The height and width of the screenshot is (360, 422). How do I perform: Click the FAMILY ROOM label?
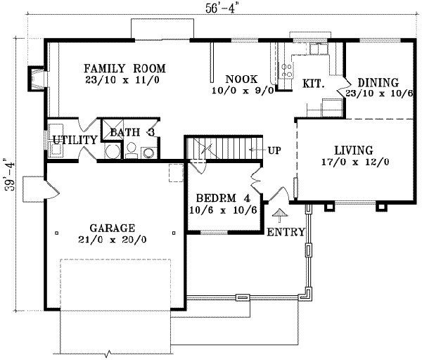coord(124,69)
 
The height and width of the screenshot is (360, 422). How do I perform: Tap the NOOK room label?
coord(241,79)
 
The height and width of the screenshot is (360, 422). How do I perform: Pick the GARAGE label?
coord(112,228)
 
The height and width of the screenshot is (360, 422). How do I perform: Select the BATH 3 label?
coord(132,131)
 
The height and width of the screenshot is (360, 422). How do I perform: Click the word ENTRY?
coord(286,232)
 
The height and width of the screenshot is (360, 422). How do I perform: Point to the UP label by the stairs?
coord(275,150)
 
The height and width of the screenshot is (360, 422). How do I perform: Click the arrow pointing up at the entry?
coord(280,214)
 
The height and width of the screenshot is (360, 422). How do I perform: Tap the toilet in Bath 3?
coord(131,148)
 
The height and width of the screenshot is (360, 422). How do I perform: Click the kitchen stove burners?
coord(287,69)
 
